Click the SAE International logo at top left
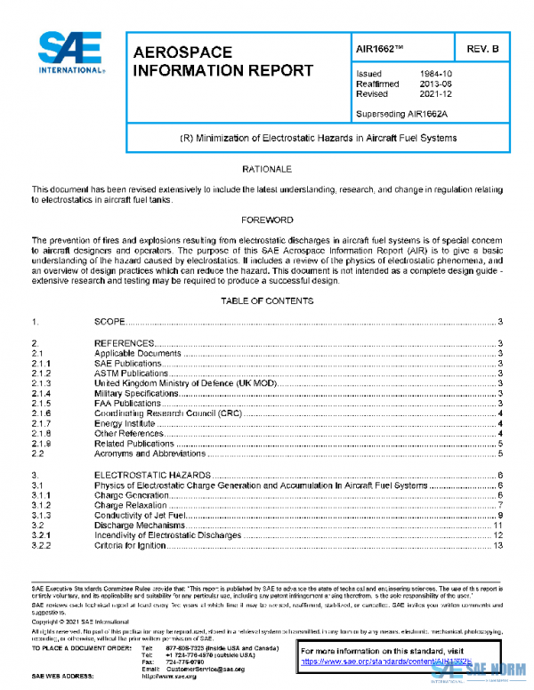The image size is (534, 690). pos(69,53)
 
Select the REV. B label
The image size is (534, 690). pos(481,49)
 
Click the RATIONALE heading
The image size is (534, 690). pos(267,168)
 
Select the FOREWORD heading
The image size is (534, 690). pos(267,219)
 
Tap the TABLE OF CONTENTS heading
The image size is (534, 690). pos(267,301)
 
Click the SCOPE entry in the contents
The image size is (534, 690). pos(111,321)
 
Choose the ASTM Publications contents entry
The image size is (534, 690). pos(132,373)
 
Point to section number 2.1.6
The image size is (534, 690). pos(42,413)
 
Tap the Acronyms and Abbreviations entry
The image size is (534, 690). pos(150,453)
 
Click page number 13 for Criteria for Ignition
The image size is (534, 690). pos(498,546)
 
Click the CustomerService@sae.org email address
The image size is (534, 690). pos(203,669)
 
